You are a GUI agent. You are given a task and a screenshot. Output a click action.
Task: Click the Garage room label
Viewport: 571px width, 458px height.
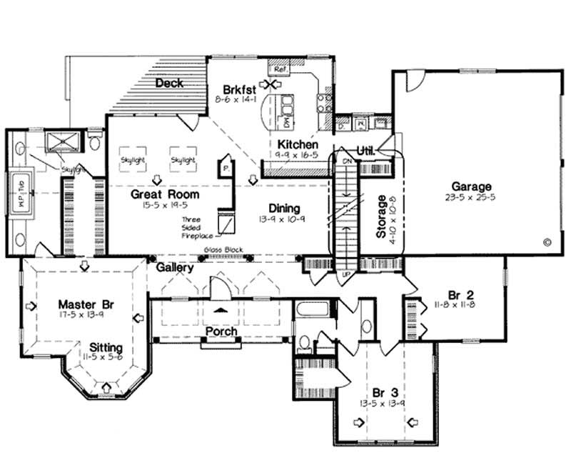(x=465, y=187)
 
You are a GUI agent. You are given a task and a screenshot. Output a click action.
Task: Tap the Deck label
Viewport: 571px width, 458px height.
(x=169, y=83)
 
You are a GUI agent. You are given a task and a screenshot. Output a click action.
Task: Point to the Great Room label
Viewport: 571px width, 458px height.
(x=165, y=194)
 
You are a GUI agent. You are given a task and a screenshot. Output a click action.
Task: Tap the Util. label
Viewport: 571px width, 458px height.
(x=366, y=150)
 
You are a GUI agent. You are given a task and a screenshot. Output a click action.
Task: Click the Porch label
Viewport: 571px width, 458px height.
(x=221, y=332)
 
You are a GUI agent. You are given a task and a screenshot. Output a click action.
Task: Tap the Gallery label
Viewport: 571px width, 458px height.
(x=175, y=267)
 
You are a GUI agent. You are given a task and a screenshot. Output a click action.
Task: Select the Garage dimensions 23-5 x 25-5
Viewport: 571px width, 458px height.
(x=465, y=198)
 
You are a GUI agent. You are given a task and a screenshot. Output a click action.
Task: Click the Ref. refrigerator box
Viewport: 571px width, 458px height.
(x=278, y=69)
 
